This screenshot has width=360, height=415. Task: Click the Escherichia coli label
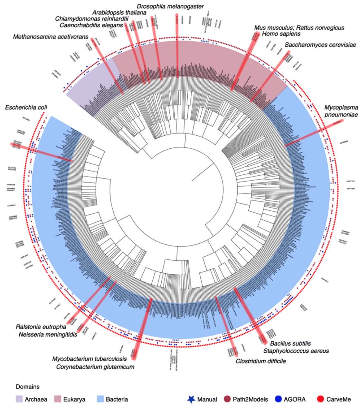point(26,108)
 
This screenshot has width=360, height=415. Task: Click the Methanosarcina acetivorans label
point(51,37)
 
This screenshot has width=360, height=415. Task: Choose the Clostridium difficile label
point(260,361)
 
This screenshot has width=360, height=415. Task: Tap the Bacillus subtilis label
point(290,343)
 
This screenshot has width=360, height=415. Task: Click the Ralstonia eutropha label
point(40,327)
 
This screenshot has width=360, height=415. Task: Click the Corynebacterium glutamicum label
point(95,367)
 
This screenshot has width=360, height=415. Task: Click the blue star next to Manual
point(191,399)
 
